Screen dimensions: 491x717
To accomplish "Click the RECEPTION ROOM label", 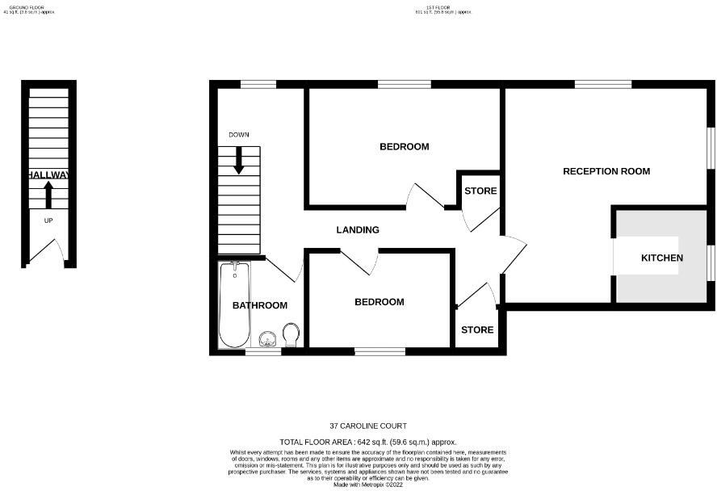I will click(x=606, y=171).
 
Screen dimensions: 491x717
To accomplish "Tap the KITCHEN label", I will click(x=661, y=258).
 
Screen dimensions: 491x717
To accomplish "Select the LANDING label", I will click(x=358, y=230).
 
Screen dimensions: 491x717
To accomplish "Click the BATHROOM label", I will click(x=260, y=305).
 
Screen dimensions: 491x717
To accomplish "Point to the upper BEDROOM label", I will click(x=404, y=147).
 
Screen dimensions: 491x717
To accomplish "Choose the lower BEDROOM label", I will click(x=379, y=302).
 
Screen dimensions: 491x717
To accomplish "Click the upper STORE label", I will click(x=480, y=191).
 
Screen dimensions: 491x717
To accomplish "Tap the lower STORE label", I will click(x=477, y=330).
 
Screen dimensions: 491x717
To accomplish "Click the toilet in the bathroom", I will click(x=291, y=334).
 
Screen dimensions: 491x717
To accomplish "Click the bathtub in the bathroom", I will click(x=235, y=304).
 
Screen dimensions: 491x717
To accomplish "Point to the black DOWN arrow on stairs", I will click(x=239, y=160).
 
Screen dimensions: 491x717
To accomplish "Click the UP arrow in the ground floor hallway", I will click(x=48, y=195).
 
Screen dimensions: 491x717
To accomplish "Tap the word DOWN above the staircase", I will click(x=239, y=135).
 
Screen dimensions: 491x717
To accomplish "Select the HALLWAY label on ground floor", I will click(x=48, y=175).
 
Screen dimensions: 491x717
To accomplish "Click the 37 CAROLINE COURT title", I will click(x=367, y=426).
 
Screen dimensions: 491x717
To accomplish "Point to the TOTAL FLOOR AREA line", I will click(x=367, y=442).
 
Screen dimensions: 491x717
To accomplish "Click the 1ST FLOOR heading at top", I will click(x=442, y=8).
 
